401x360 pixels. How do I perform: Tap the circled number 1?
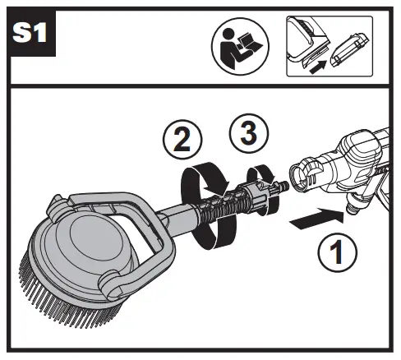click(338, 252)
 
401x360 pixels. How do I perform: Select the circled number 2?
click(182, 139)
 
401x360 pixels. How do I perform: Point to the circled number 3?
click(249, 133)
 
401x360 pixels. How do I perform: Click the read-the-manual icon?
click(240, 46)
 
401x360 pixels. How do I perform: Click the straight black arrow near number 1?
click(317, 219)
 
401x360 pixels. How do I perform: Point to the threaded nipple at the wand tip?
click(282, 187)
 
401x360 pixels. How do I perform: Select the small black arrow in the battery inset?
click(318, 67)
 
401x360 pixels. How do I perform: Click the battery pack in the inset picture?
click(350, 50)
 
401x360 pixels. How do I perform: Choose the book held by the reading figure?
click(249, 43)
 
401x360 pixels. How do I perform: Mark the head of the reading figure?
click(227, 34)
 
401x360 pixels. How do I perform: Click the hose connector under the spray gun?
click(353, 203)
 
